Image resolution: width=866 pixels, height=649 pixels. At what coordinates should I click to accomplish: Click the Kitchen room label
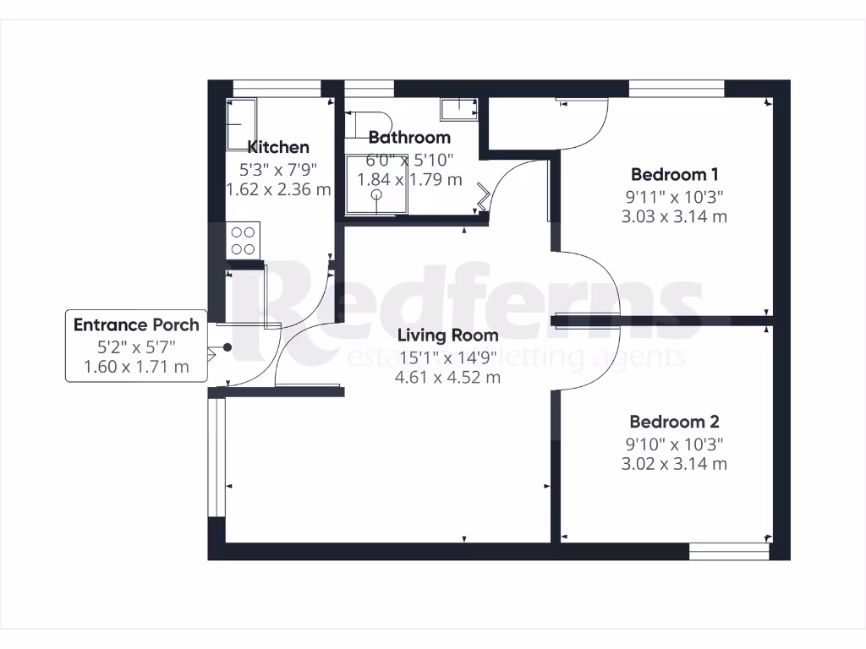point(277,147)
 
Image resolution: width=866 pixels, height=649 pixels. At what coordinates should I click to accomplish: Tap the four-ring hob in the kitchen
point(244,239)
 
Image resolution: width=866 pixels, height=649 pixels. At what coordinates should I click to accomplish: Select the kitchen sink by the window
point(243,124)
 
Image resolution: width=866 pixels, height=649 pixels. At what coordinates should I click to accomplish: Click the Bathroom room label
point(409,137)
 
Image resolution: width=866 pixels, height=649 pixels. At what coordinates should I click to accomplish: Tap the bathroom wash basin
point(458,108)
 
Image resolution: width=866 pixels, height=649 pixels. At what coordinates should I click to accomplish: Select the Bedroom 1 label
point(674,175)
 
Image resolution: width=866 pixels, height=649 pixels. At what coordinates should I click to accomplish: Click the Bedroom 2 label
point(674,422)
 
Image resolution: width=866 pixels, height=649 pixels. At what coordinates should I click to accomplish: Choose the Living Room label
point(447,335)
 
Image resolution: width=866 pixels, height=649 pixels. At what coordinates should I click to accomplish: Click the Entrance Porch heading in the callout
point(136,325)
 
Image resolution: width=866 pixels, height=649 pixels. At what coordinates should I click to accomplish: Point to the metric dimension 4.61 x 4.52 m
point(447,377)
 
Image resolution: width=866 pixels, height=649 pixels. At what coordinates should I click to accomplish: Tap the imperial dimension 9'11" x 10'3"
point(674,196)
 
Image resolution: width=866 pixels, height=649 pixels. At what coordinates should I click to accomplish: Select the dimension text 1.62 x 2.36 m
point(278,189)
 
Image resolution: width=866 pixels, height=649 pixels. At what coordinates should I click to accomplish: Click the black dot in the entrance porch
point(227,347)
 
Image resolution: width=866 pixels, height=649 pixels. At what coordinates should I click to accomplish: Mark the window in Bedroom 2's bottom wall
point(729,551)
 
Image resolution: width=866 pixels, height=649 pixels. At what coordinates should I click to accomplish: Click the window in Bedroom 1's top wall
point(677,89)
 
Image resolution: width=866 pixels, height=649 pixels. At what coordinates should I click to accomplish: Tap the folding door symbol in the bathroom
point(483,199)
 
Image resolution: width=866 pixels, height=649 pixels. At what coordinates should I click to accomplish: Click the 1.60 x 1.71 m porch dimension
point(136,367)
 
